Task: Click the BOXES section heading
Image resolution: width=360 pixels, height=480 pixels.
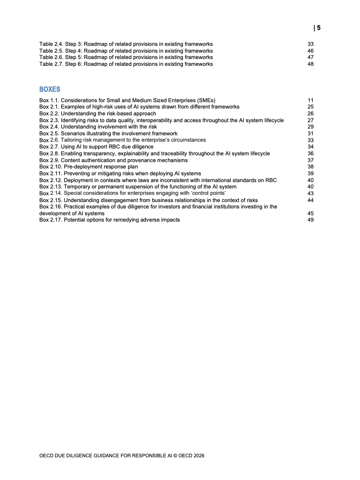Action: point(50,89)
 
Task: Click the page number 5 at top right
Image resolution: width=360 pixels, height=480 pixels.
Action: point(318,28)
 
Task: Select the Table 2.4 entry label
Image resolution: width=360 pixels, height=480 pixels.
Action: point(126,45)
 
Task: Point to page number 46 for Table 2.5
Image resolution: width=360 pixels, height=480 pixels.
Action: point(311,51)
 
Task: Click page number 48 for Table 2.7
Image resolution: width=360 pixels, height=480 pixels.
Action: point(311,64)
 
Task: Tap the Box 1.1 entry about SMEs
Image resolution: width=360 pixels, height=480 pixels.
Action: point(127,100)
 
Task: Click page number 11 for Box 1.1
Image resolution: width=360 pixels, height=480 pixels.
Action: point(311,100)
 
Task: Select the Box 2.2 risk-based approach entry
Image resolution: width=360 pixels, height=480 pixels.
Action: point(98,114)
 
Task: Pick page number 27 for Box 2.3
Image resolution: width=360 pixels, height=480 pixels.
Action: point(311,120)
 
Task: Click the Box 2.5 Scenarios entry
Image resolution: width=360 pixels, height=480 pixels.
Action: point(108,134)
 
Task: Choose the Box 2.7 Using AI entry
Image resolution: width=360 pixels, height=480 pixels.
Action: point(96,147)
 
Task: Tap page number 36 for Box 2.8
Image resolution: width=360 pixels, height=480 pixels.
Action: point(311,153)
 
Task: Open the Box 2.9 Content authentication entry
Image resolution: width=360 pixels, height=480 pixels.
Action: point(113,160)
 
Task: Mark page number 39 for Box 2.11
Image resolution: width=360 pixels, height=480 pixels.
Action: point(311,173)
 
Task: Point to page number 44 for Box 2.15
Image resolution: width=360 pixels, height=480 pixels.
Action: point(311,200)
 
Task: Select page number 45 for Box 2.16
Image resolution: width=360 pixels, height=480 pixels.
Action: point(311,213)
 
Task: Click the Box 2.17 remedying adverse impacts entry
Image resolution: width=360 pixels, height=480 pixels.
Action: point(109,220)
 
